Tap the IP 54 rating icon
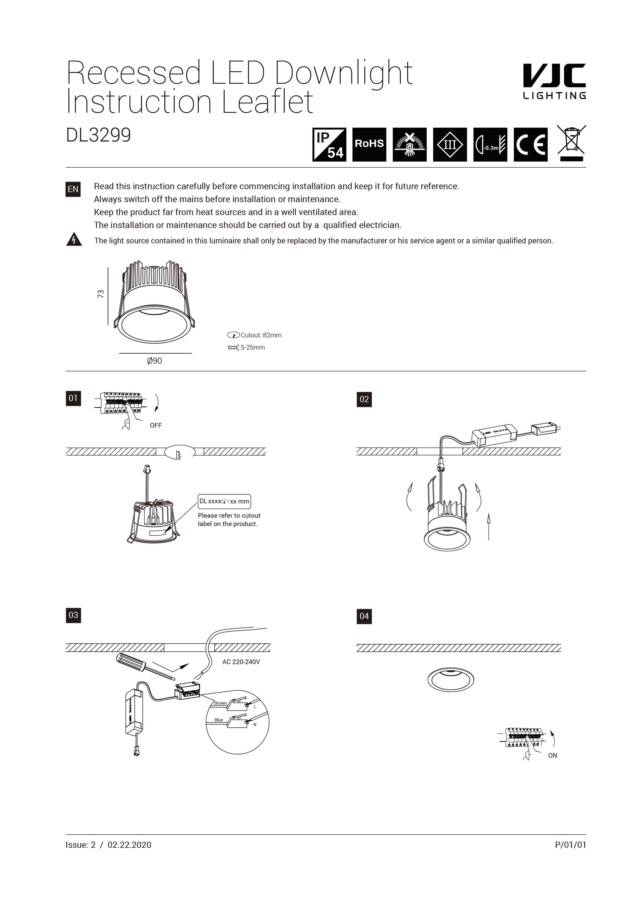pos(329,145)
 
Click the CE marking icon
pos(530,145)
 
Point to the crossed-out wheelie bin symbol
pos(571,143)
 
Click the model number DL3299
pos(98,135)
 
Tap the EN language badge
pos(73,189)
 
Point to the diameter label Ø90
pos(154,361)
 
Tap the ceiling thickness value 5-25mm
pos(253,347)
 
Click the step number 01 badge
pos(73,398)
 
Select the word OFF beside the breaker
pos(156,425)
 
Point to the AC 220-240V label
pos(241,662)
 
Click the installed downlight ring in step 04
pos(450,680)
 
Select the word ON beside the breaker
pos(552,755)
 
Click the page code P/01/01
pos(570,844)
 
